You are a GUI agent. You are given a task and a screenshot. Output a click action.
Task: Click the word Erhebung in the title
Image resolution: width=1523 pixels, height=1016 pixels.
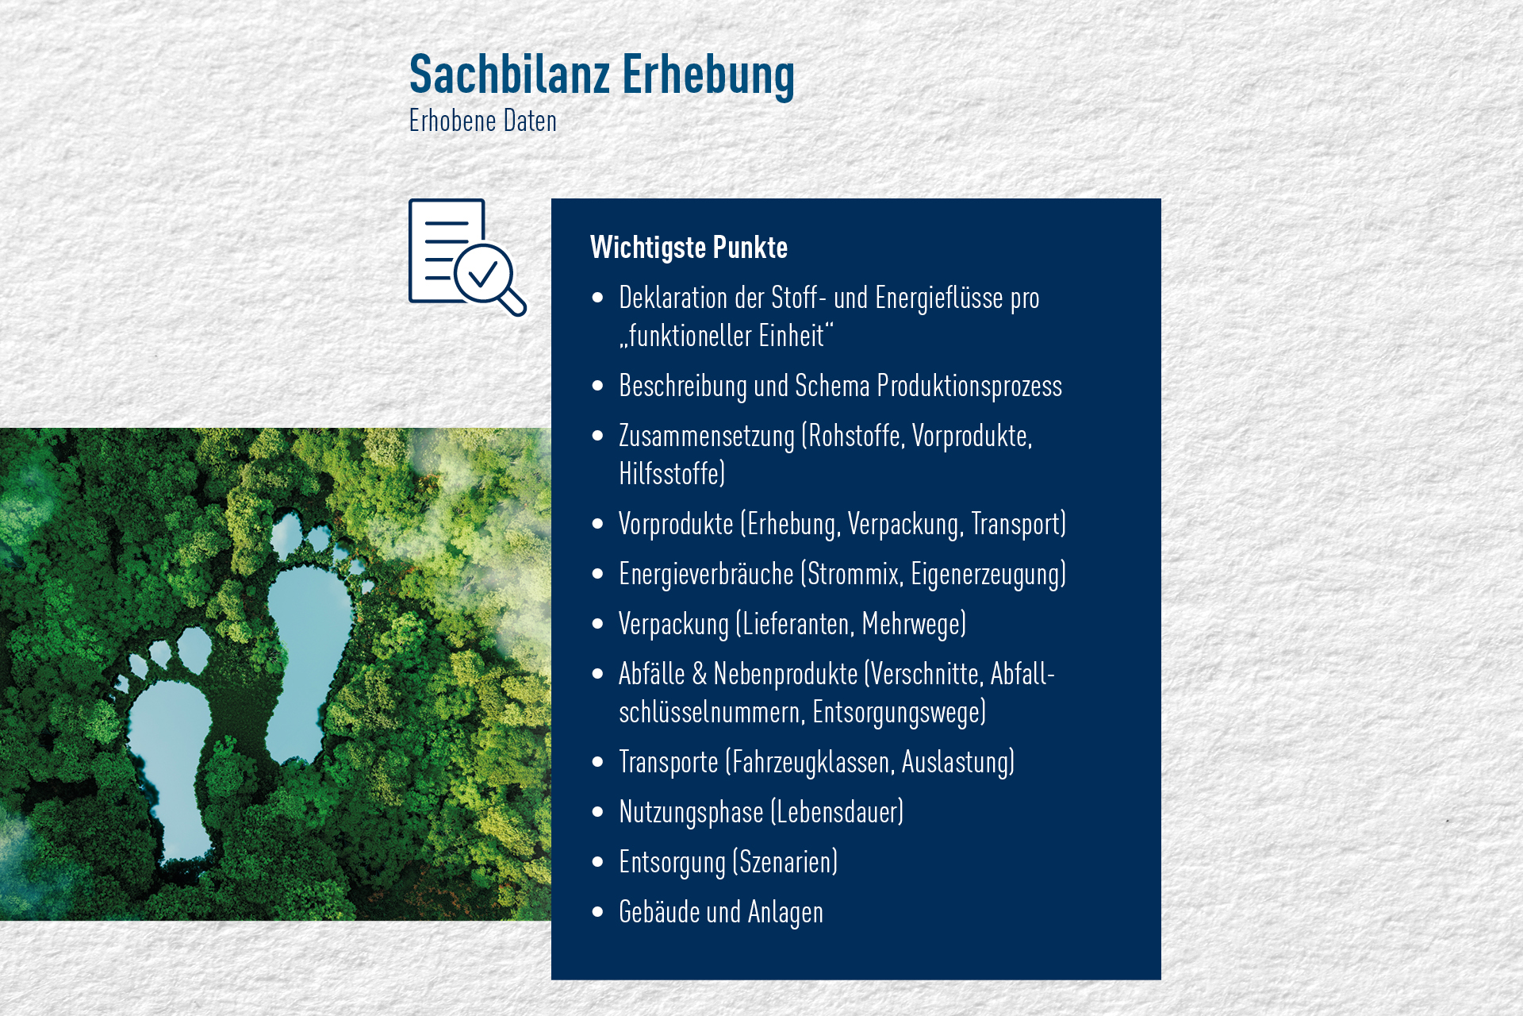point(708,77)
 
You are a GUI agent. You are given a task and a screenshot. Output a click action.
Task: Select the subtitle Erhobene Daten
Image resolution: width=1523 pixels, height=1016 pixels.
point(482,121)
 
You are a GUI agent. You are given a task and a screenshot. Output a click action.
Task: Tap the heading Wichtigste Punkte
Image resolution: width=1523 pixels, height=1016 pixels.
point(689,248)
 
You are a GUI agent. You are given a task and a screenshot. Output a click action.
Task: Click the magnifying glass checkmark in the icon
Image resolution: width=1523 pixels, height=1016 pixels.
point(482,275)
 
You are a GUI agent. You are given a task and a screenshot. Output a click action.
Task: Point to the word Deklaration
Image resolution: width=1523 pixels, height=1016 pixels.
point(673,298)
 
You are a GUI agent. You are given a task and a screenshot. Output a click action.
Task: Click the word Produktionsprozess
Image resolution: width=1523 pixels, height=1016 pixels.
point(969,387)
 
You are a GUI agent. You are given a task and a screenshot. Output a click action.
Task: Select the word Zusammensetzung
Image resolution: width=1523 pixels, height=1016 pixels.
point(706,437)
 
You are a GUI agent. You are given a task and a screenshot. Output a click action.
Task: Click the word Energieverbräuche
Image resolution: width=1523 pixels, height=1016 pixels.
point(706,575)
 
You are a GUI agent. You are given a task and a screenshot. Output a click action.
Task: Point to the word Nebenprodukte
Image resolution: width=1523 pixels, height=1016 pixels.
point(785,675)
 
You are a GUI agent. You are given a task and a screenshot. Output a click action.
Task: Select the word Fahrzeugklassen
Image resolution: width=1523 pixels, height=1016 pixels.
point(814,763)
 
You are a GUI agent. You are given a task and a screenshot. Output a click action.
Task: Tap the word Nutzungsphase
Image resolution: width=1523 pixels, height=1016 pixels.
point(691,813)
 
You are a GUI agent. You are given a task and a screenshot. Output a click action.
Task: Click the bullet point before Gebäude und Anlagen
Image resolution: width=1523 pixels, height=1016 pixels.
point(598,912)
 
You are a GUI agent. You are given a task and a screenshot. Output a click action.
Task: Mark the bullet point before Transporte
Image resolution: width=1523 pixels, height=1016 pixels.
point(598,762)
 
